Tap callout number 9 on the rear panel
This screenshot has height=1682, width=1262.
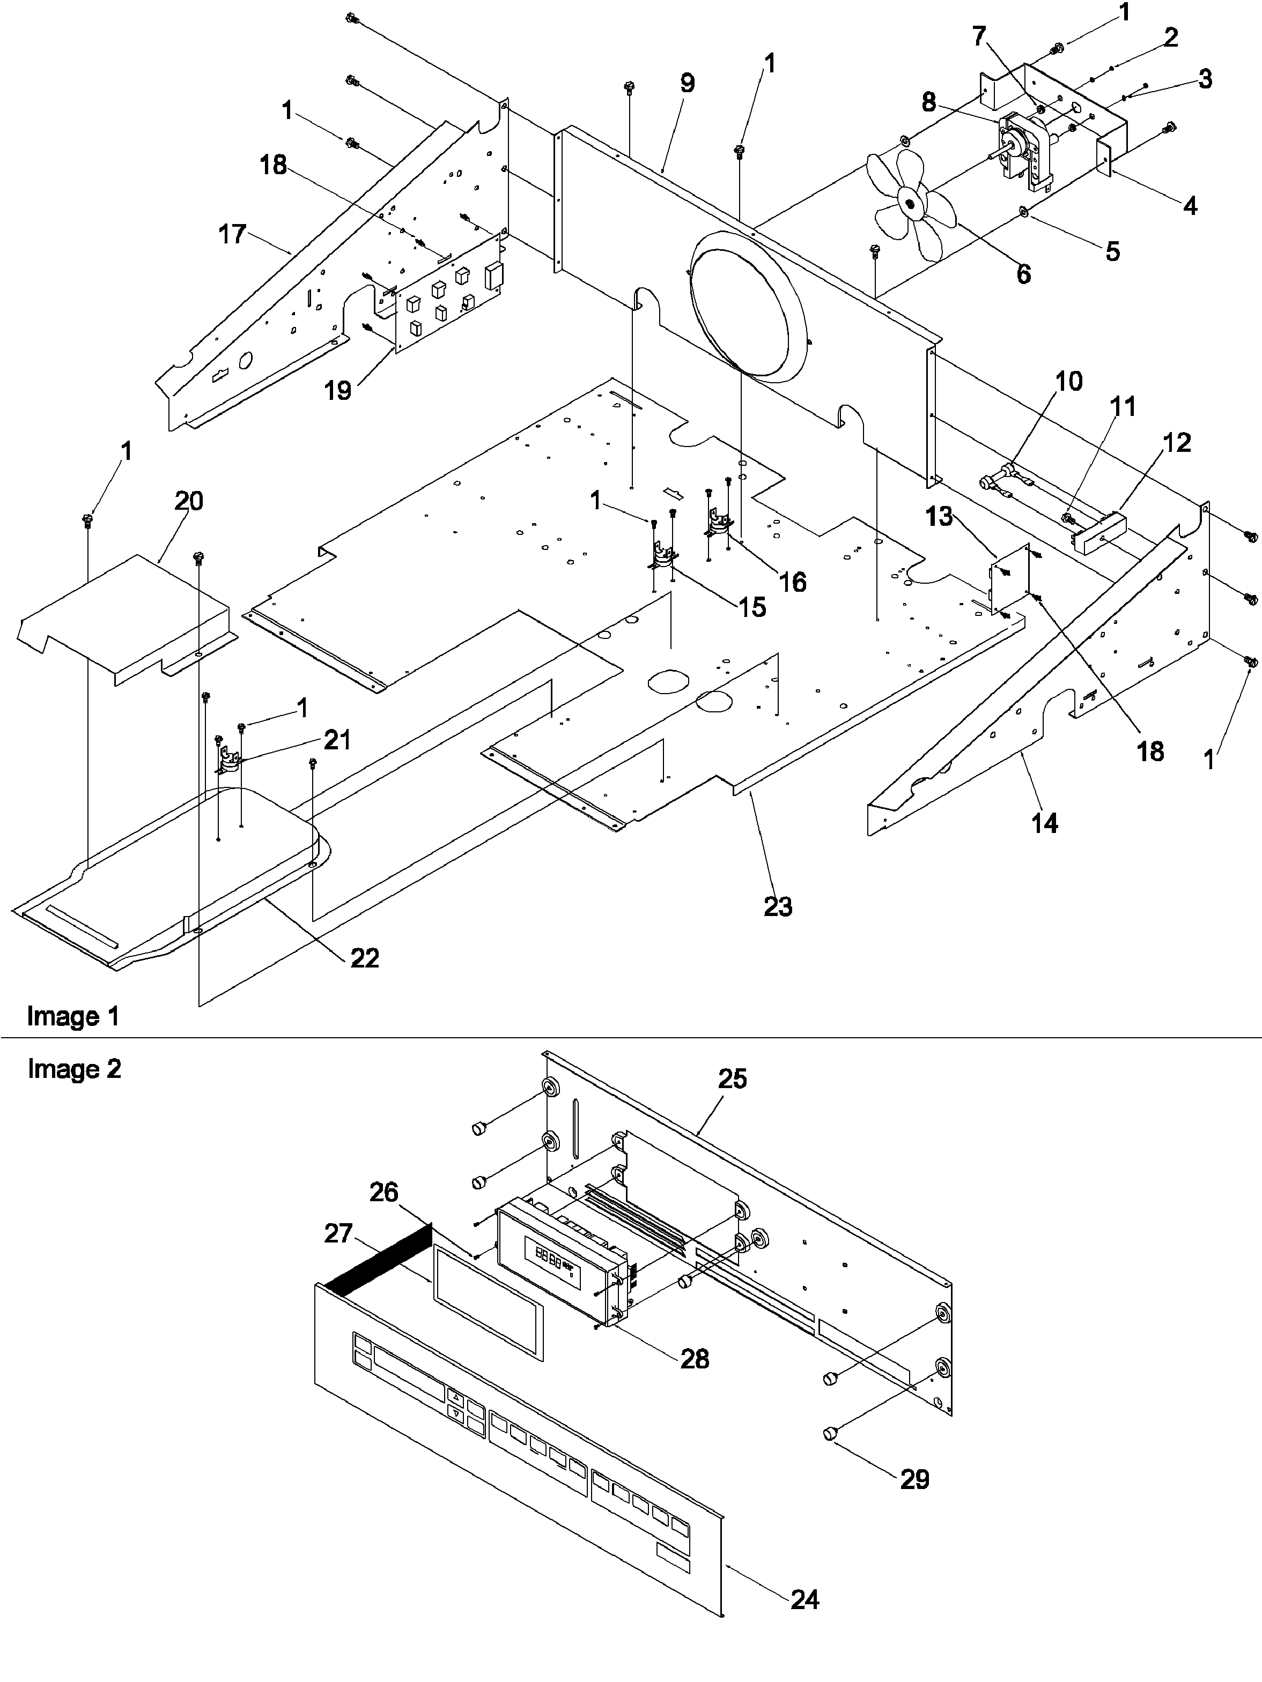(x=687, y=84)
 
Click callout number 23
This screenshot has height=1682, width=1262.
(x=778, y=906)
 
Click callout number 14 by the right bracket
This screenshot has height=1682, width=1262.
(x=1044, y=822)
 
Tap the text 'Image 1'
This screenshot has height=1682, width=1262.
(x=73, y=1016)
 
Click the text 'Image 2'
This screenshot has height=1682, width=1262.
(x=74, y=1069)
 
